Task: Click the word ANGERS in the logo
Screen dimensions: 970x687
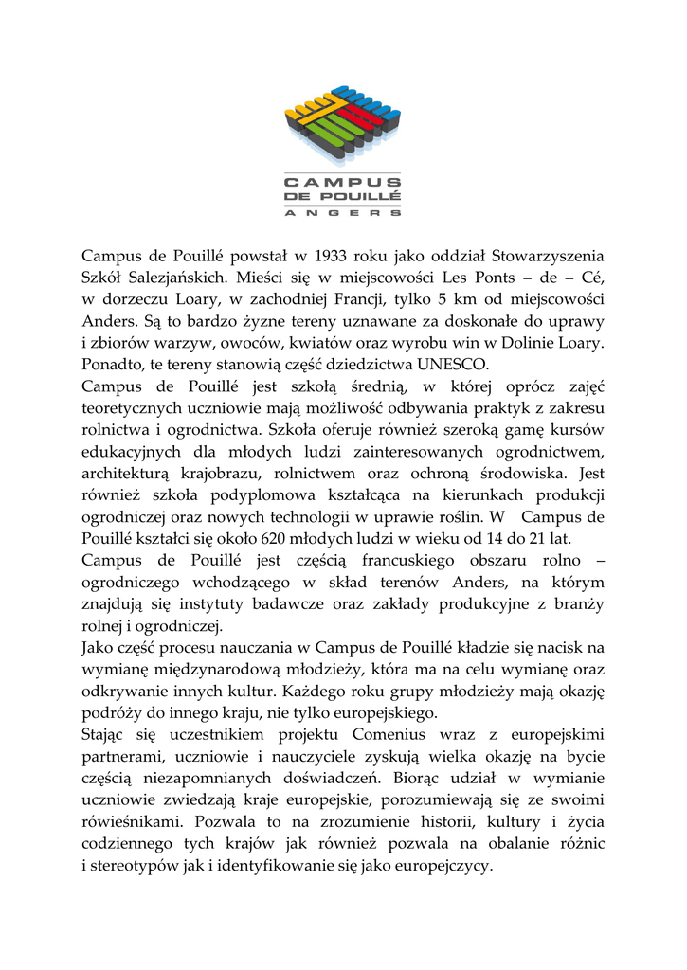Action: point(343,213)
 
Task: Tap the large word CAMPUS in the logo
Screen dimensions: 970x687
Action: point(343,181)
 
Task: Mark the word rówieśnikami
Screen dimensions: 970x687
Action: point(126,822)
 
